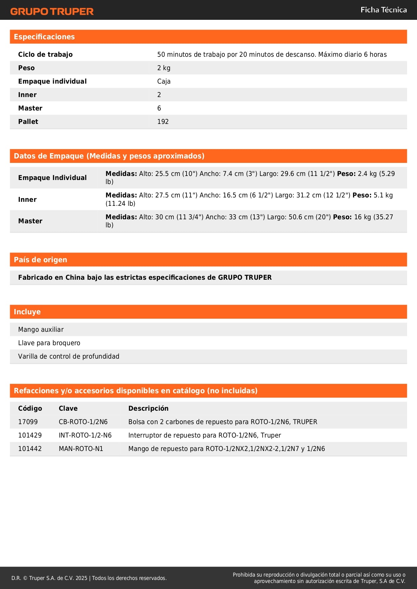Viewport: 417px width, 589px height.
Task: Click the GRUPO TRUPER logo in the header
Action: coord(52,11)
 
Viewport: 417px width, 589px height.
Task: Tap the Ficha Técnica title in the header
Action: coord(383,10)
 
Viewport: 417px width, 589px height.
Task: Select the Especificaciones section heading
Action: coord(44,37)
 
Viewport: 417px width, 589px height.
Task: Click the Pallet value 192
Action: coord(163,122)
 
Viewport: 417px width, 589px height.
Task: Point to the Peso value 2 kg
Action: coord(164,68)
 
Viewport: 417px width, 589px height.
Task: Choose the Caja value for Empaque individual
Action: coord(164,81)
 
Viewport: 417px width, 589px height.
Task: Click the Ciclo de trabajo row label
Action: coord(45,54)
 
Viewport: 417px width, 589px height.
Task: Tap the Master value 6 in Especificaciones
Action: coord(159,108)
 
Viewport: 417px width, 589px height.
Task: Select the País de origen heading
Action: coord(40,260)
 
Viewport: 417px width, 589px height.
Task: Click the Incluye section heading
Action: coord(27,312)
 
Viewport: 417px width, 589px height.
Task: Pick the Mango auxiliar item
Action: coord(41,329)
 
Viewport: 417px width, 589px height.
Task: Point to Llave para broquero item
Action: coord(49,343)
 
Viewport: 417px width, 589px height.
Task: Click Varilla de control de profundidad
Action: coord(69,356)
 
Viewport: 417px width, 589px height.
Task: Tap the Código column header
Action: coord(30,408)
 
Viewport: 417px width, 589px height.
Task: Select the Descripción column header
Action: coord(148,408)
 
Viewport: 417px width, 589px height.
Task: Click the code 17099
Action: coord(28,422)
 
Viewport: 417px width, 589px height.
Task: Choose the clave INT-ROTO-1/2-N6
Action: coord(85,435)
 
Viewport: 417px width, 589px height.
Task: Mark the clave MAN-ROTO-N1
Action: coord(81,449)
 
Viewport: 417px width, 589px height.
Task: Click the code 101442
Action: coord(30,449)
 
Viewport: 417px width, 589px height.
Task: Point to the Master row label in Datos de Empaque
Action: coord(30,221)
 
